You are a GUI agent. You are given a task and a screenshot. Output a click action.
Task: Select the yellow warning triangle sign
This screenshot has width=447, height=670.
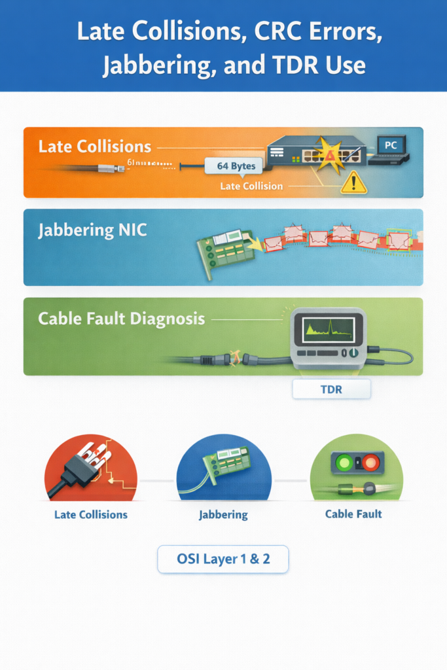(x=354, y=183)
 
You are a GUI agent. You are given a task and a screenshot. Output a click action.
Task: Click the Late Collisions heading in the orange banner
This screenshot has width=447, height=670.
(x=95, y=147)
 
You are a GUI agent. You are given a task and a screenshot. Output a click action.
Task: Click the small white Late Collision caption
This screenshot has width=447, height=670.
(x=251, y=186)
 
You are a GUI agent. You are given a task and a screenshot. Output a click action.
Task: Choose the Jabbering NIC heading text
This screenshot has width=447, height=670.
(x=93, y=230)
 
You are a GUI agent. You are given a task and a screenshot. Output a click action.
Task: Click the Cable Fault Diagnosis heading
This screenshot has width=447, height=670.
(x=121, y=319)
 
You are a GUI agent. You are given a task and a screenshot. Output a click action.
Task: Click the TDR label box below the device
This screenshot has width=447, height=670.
(x=331, y=390)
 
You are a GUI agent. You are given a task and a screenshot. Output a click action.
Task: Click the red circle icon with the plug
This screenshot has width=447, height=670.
(x=90, y=467)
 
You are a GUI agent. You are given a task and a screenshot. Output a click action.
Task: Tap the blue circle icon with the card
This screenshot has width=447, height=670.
(x=224, y=467)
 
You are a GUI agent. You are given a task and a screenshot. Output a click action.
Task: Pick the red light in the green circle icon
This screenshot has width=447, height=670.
(x=371, y=463)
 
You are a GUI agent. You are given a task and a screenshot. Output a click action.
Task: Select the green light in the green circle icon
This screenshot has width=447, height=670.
(x=342, y=463)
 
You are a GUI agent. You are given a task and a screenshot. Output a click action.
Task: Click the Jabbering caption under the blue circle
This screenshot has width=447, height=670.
(x=223, y=515)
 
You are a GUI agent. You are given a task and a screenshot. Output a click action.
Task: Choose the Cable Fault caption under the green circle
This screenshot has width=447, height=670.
(x=353, y=514)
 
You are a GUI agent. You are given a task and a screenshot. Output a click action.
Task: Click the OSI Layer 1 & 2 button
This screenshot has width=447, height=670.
(x=223, y=559)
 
